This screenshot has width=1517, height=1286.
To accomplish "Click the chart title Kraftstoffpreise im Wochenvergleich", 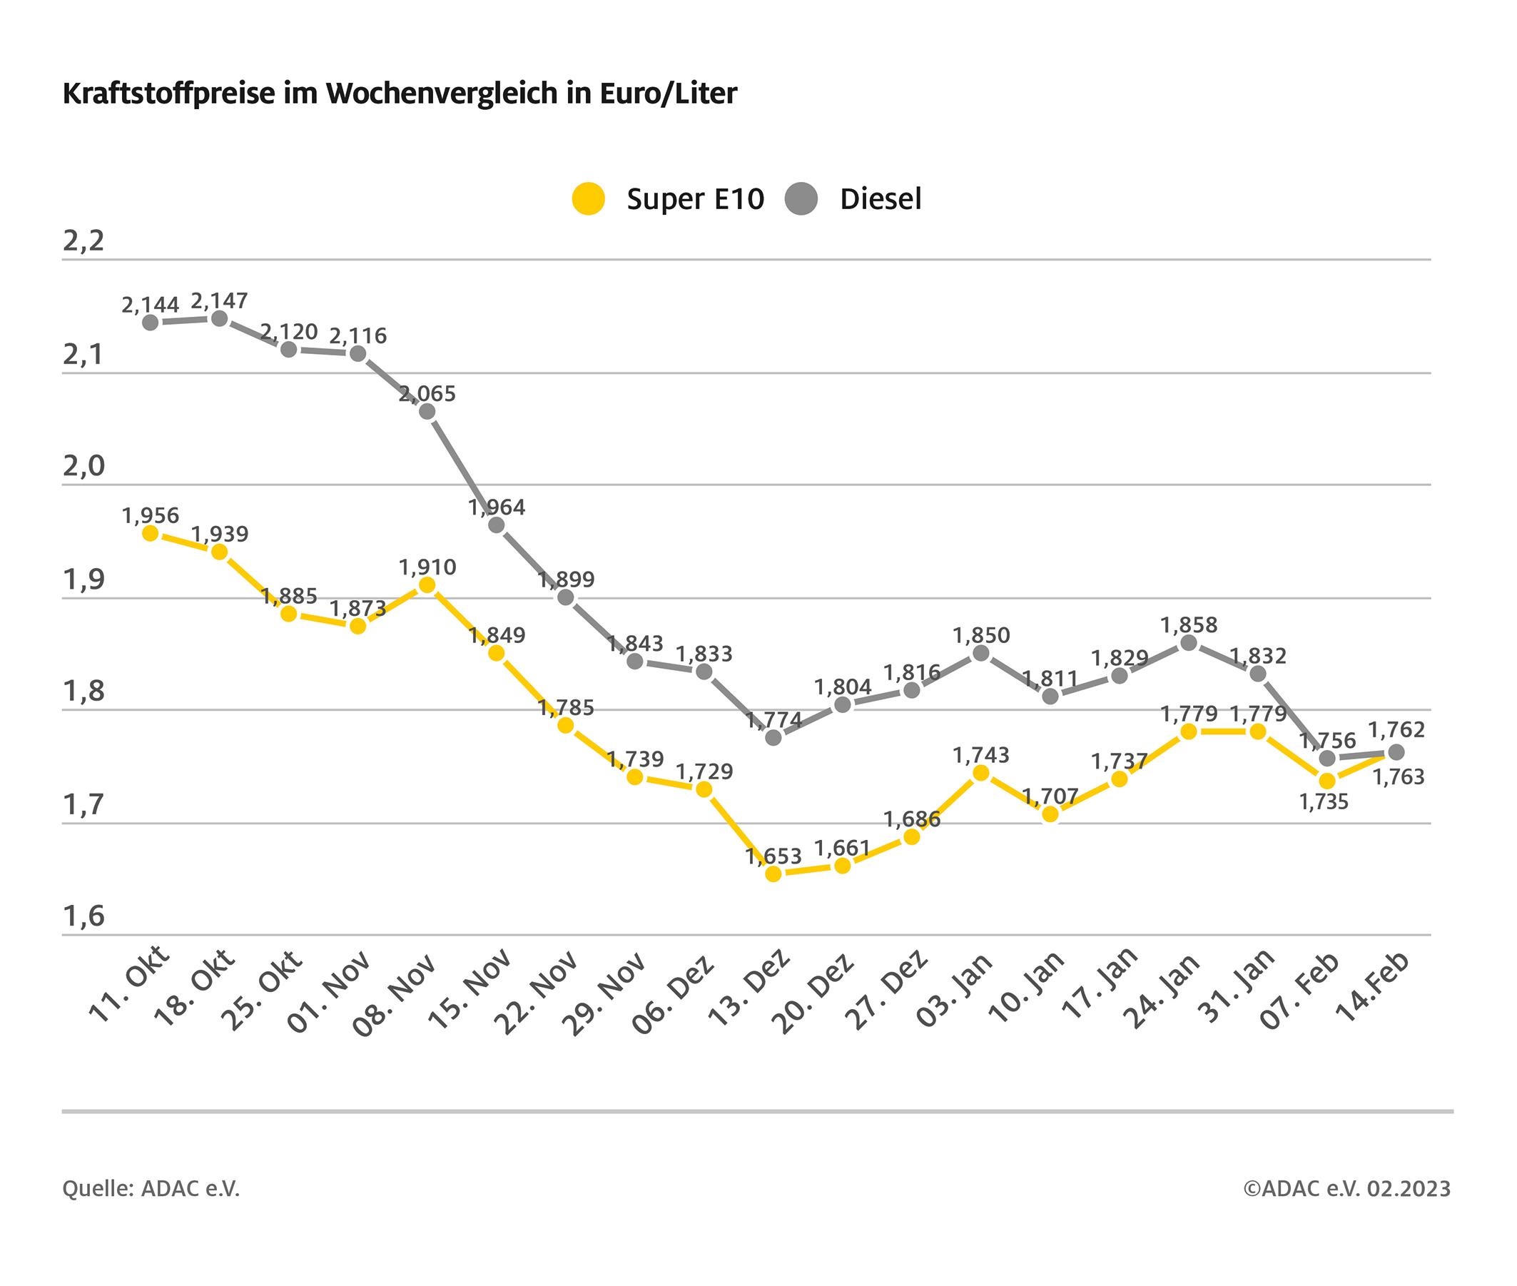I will [x=400, y=94].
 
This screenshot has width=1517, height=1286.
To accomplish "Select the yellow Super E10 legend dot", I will [x=588, y=199].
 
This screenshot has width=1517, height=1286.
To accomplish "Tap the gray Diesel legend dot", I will [x=801, y=199].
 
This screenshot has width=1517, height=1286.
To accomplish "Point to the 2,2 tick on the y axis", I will [x=83, y=241].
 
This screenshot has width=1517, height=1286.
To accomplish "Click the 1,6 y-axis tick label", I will [x=83, y=916].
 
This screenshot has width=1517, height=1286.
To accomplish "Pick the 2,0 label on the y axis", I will [x=83, y=466].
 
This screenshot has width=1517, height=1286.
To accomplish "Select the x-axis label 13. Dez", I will [x=750, y=987].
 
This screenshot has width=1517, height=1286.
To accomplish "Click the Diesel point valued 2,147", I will [x=218, y=318].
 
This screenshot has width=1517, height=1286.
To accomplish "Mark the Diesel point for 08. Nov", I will [x=427, y=412].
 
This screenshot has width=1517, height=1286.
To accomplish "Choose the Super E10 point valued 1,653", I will [x=773, y=874].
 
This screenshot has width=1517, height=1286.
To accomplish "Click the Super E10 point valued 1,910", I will [x=427, y=584].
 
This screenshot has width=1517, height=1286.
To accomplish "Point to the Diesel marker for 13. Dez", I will [x=773, y=737].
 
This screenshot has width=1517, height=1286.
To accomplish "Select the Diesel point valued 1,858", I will [x=1188, y=643].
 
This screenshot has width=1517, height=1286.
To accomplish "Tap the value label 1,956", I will [x=150, y=515].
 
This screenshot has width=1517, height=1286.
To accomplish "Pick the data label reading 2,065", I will [x=427, y=394].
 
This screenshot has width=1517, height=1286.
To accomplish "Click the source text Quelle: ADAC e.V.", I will [x=151, y=1188].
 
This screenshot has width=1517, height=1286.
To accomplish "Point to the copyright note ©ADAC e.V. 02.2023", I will [x=1347, y=1188].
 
